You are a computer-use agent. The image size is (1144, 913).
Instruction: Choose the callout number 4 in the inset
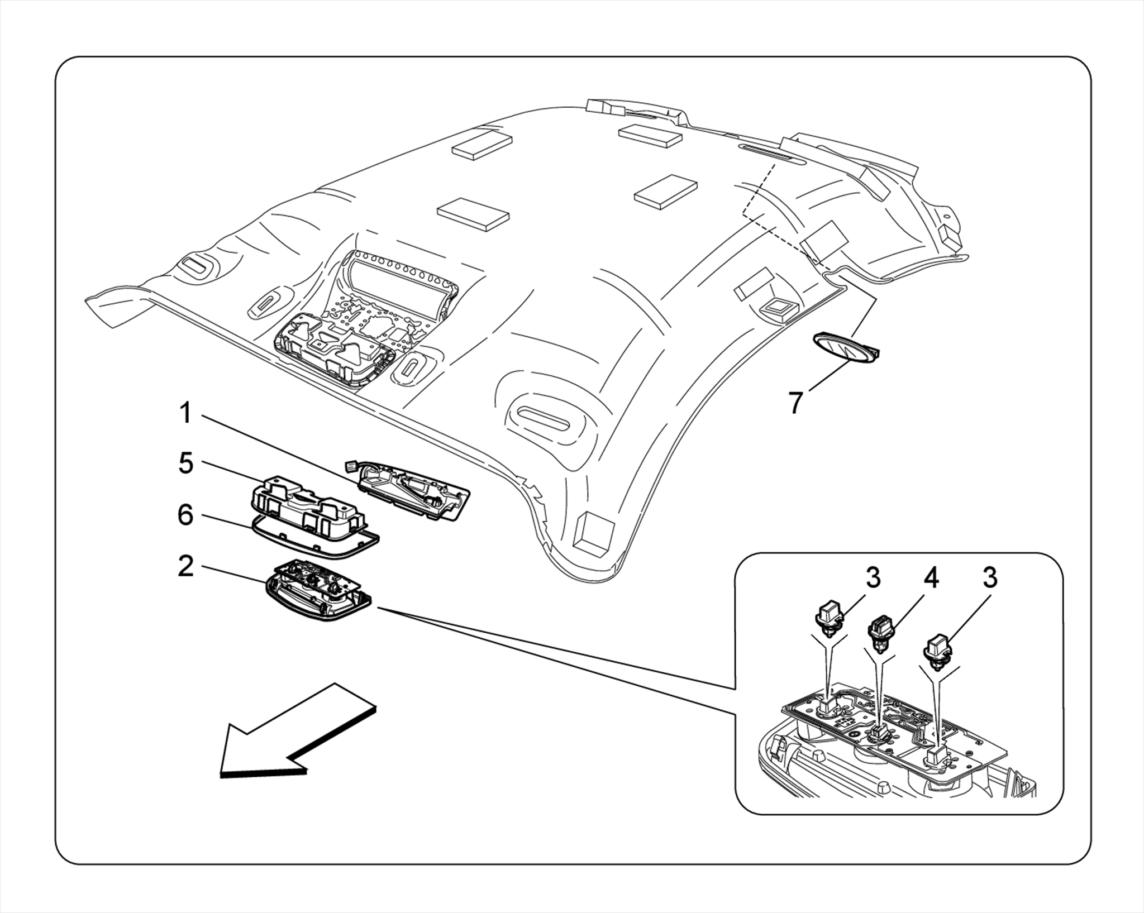point(931,579)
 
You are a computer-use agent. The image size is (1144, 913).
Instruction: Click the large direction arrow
point(290,732)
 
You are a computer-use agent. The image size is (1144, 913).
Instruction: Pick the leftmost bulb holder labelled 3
point(829,619)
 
